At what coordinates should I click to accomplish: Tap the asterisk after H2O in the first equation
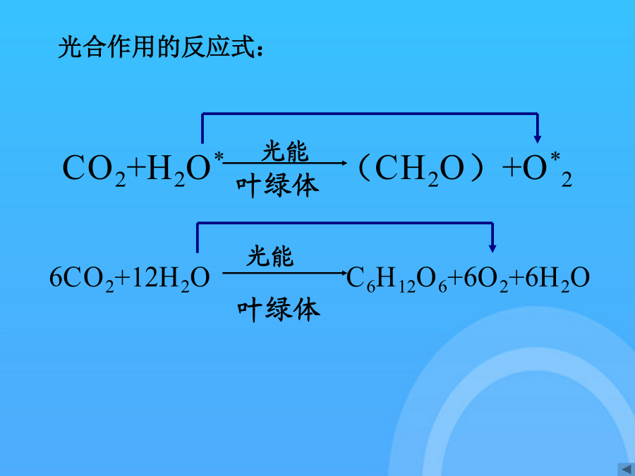tap(219, 157)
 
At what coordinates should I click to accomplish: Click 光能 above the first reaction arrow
tap(285, 152)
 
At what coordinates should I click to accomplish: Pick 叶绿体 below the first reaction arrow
tap(278, 185)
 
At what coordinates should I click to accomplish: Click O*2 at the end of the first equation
tap(547, 169)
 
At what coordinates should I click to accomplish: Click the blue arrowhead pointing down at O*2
tap(538, 140)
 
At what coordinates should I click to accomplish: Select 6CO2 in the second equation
tap(82, 279)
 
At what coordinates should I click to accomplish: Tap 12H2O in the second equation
tap(171, 279)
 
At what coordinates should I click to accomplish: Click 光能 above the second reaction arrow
tap(270, 256)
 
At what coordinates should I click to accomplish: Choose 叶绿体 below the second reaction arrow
tap(279, 310)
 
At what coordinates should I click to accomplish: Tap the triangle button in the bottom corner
tap(626, 469)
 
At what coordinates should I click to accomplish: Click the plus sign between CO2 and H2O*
tap(136, 168)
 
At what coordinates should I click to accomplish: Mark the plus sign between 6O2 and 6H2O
tap(516, 278)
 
